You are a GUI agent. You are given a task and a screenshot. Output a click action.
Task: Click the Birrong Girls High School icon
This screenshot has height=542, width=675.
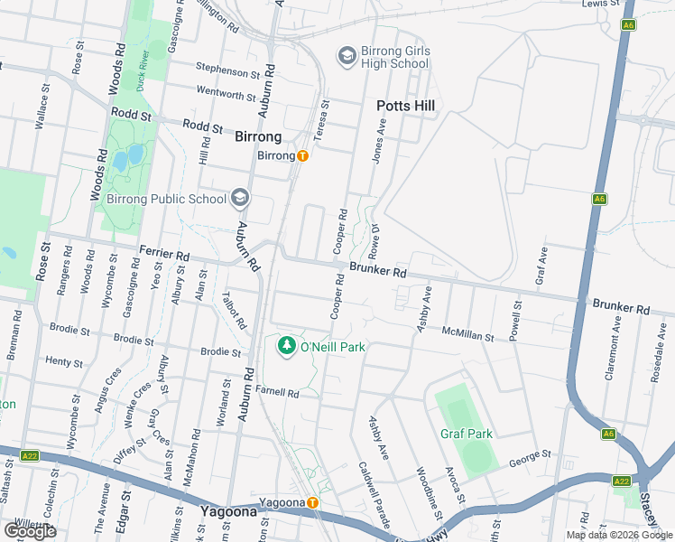[346, 57]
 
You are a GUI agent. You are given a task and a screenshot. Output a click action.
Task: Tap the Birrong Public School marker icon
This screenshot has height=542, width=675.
[239, 198]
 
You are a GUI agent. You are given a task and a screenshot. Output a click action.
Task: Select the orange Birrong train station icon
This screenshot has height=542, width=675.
[303, 155]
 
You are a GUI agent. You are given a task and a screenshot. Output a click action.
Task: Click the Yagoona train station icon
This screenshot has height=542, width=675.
[312, 502]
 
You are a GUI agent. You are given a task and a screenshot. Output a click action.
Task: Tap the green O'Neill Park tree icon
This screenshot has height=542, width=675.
[287, 346]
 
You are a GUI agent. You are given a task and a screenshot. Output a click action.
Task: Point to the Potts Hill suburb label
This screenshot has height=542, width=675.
[405, 106]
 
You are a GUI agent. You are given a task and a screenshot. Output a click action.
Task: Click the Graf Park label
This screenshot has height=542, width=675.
[467, 434]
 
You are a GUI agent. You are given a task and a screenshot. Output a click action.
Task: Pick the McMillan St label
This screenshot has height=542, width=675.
[468, 335]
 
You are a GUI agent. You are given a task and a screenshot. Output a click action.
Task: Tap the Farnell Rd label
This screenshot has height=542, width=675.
[277, 392]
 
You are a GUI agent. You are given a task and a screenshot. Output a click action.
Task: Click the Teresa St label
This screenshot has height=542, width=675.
[324, 118]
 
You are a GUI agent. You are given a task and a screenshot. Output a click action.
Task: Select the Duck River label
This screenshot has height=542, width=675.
[142, 72]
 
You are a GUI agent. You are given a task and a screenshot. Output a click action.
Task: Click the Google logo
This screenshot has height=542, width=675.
[30, 530]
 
